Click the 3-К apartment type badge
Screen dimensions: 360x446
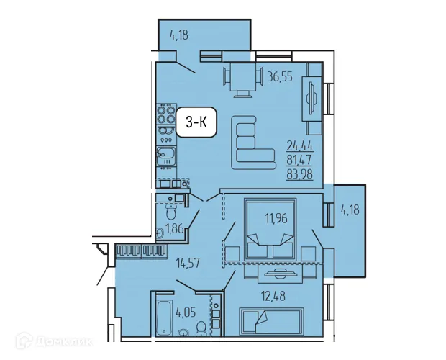pyautogui.click(x=196, y=123)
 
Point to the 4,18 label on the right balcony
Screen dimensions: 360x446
pyautogui.click(x=350, y=210)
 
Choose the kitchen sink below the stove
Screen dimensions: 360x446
pyautogui.click(x=166, y=155)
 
